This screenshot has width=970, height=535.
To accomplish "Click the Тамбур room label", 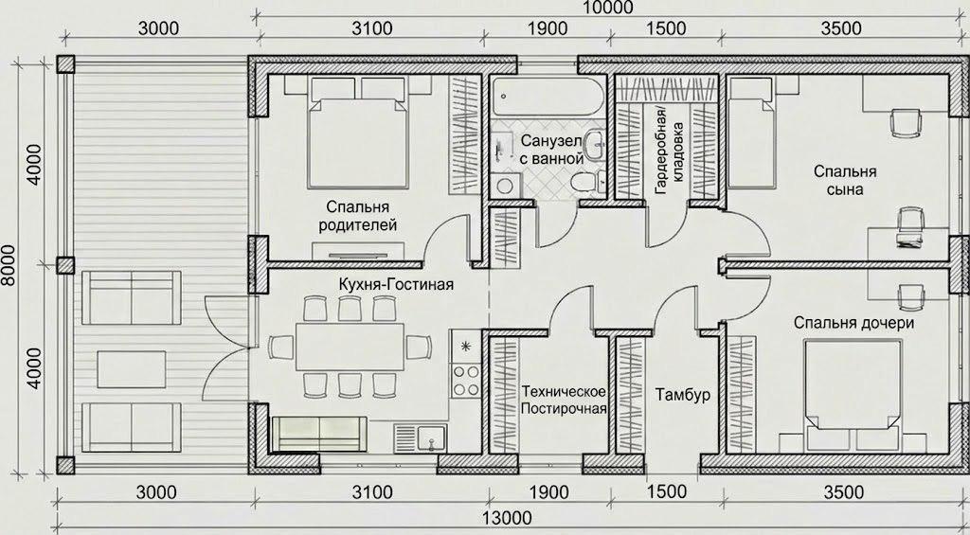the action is [x=683, y=395].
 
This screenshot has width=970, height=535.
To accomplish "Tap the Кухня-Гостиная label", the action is [x=396, y=284].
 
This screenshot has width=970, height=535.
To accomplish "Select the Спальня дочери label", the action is [x=854, y=323].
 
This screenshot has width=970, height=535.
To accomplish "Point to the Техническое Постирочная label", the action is [x=564, y=400].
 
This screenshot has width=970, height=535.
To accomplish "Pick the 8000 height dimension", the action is [x=9, y=266].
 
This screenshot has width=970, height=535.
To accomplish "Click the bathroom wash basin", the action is [x=595, y=144].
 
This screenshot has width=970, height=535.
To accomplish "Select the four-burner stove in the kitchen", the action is [x=466, y=381].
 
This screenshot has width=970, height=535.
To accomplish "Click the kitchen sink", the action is [x=421, y=437].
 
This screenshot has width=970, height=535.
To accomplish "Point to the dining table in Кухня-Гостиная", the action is [x=350, y=346].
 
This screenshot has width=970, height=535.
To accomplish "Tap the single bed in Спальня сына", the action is [x=751, y=133].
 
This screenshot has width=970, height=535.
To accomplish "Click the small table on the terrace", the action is [x=132, y=369].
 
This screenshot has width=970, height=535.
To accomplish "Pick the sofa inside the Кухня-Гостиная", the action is [x=320, y=435].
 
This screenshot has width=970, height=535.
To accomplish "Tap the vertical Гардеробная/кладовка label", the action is [x=672, y=150].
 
